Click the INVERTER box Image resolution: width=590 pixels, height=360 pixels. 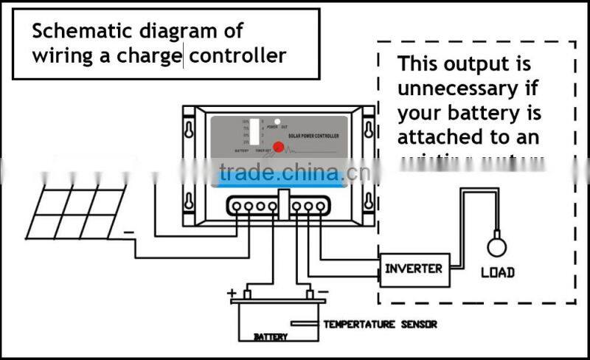(x=414, y=268)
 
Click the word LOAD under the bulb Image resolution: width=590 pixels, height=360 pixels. (x=497, y=272)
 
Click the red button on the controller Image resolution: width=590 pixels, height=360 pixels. (x=277, y=146)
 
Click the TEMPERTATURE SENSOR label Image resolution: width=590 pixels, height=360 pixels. (x=380, y=324)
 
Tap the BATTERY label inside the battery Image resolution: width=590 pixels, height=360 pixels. (x=271, y=337)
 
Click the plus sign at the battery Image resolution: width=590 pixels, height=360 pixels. (x=232, y=293)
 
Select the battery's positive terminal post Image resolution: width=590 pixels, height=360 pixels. (x=247, y=295)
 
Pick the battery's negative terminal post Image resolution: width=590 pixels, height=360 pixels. (x=310, y=295)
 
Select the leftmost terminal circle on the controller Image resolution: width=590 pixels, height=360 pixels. (x=237, y=207)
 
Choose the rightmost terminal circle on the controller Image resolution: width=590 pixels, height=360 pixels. (x=320, y=207)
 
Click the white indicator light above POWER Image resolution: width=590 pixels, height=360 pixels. (x=277, y=120)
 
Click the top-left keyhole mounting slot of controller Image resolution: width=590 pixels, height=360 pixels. (x=190, y=130)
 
